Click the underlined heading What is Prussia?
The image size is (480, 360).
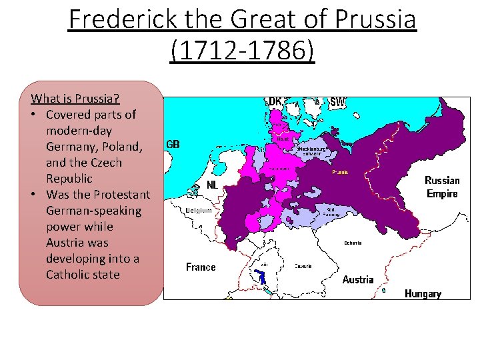75,99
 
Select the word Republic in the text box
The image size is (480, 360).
69,179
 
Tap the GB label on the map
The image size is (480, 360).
173,144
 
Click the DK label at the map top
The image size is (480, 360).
275,102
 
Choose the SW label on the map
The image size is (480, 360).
338,102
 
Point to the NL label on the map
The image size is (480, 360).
213,184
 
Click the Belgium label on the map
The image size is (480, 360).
199,211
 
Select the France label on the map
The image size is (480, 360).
201,267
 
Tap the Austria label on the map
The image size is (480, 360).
358,279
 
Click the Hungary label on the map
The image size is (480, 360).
423,293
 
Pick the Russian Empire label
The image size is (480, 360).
442,187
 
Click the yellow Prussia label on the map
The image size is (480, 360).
341,173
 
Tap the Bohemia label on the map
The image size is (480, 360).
353,243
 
